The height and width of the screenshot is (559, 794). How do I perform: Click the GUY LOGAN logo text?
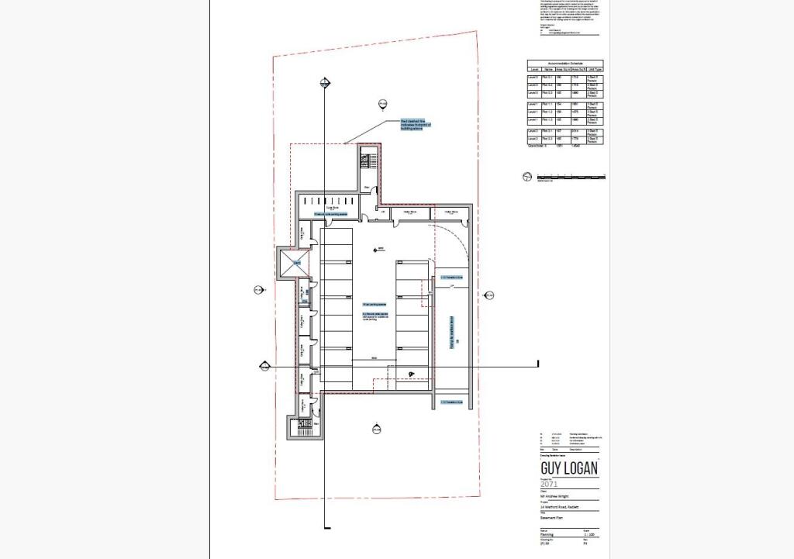pos(568,469)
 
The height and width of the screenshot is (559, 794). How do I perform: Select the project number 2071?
pos(550,485)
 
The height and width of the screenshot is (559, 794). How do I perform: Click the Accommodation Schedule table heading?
pos(565,63)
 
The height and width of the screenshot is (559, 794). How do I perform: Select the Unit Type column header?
pos(594,70)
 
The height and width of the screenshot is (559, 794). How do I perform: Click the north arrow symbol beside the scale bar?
pos(528,178)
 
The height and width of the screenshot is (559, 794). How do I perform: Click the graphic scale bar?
pos(570,178)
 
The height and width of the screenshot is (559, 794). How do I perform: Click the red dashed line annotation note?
pos(414,125)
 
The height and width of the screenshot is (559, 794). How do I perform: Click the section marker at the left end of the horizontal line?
pos(264,365)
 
